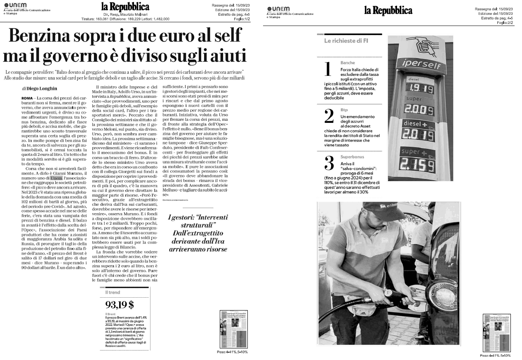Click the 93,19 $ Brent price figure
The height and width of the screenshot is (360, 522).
coord(120,305)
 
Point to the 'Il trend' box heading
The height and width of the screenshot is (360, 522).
coord(113,292)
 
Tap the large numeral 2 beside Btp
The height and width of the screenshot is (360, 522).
coord(329,117)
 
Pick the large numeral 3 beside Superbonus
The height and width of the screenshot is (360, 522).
coord(329,164)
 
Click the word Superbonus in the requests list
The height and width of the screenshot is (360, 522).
coord(352,157)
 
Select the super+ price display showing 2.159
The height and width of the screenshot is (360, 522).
coord(419,166)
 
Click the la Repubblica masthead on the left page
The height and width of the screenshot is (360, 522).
coord(125,7)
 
